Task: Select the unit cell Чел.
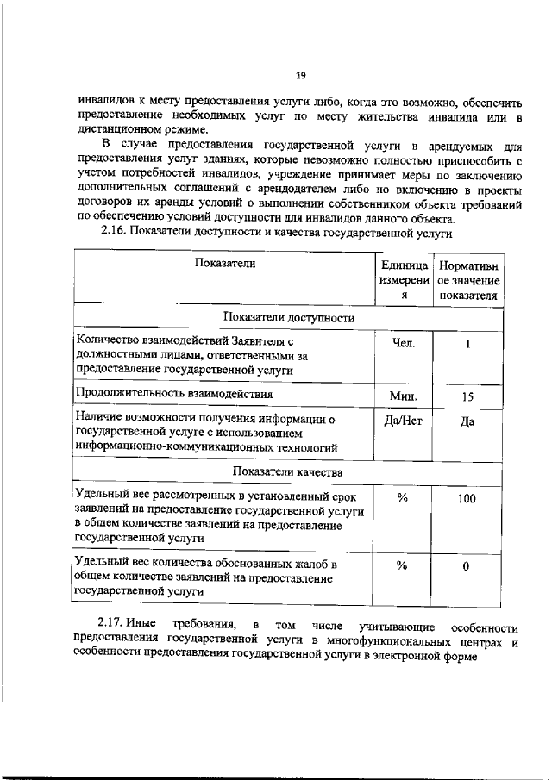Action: point(404,343)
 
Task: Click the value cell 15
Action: point(468,396)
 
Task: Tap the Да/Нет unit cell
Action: point(404,421)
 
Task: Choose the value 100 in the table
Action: point(467,498)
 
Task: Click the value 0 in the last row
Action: point(467,566)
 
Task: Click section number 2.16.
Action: point(114,231)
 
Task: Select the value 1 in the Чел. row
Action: point(467,344)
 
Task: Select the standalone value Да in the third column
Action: point(467,422)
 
